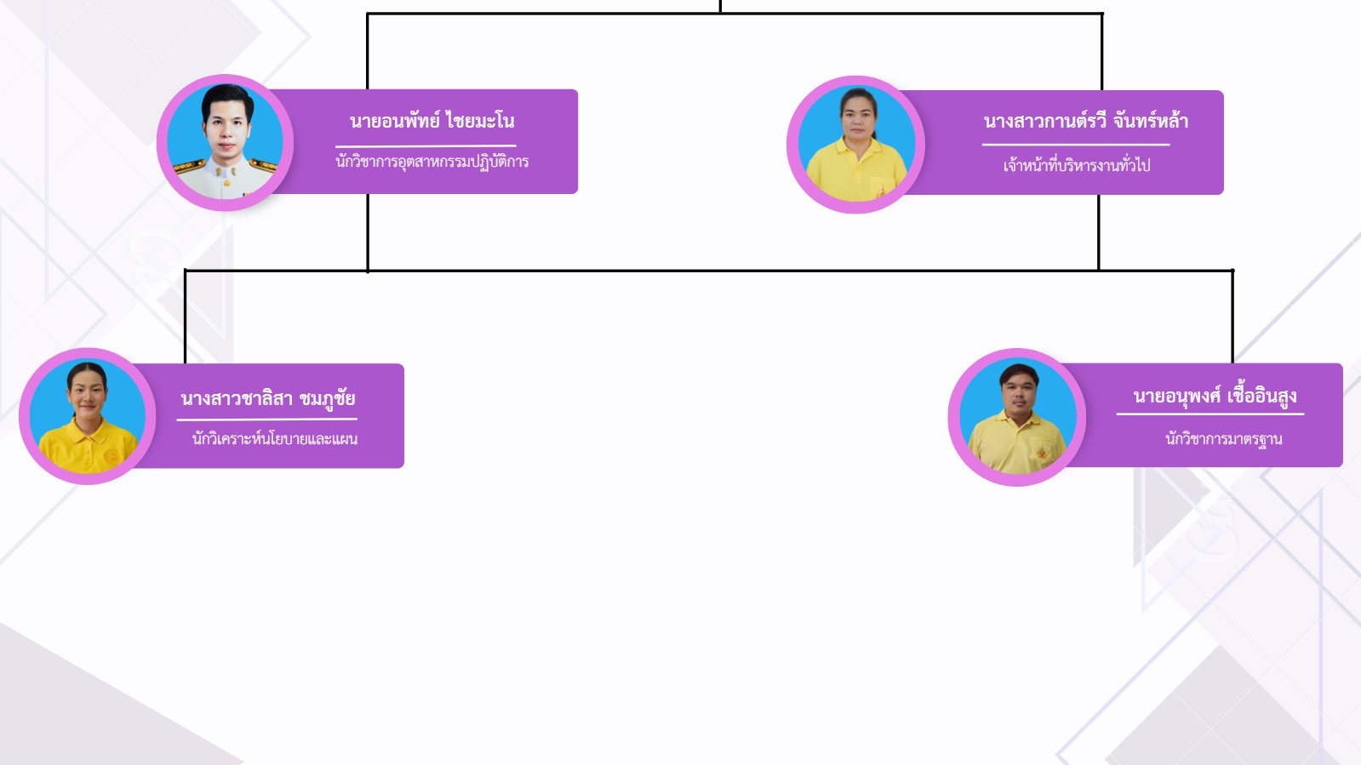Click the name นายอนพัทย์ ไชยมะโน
pos(432,121)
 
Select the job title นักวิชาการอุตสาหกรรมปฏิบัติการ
pos(432,162)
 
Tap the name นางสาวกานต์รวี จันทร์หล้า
pos(1085,121)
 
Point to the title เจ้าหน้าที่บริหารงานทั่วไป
pos(1076,165)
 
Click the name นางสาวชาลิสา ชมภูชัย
pos(267,398)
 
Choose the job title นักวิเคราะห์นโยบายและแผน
pos(274,439)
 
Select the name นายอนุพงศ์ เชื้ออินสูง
pos(1215,396)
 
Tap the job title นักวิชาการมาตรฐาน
pos(1223,439)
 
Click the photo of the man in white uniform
pos(226,142)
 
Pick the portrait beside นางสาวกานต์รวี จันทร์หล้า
pos(855,144)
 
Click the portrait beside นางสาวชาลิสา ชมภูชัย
pos(87,416)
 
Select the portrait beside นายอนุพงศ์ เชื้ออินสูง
pos(1017,417)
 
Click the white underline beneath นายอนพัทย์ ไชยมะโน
pos(426,146)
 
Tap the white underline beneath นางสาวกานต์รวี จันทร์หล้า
pos(1076,145)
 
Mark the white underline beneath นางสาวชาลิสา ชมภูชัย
pos(266,420)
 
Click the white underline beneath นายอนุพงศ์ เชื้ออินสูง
pos(1209,414)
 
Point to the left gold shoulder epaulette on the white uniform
pos(188,167)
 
